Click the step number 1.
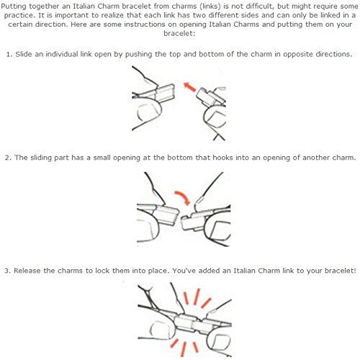pyautogui.click(x=9, y=55)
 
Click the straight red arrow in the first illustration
pyautogui.click(x=190, y=86)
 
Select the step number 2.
pyautogui.click(x=8, y=158)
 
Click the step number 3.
pyautogui.click(x=7, y=271)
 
